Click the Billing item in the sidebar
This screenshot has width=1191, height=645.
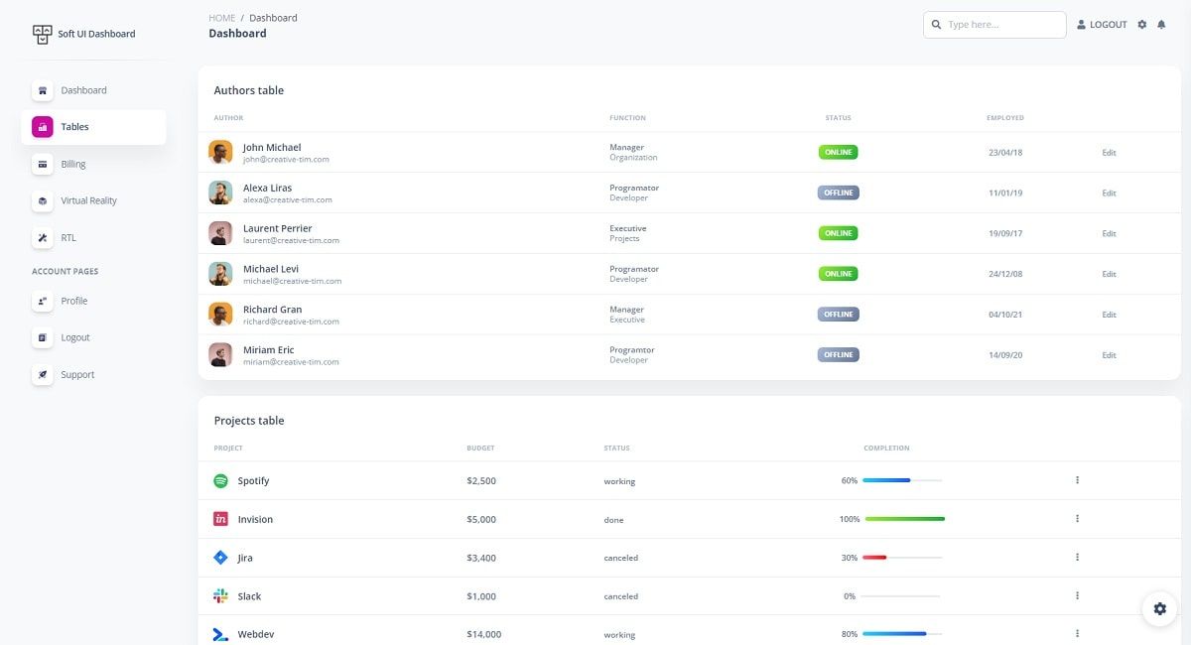point(73,164)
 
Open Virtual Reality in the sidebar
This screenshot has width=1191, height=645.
point(88,200)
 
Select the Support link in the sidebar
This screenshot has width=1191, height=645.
point(77,375)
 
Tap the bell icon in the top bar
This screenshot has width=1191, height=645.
point(1161,25)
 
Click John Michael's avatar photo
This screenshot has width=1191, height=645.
point(220,152)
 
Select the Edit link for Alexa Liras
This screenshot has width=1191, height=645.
point(1109,193)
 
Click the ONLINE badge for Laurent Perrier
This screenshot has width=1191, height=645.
point(838,233)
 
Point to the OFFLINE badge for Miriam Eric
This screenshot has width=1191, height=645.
point(838,354)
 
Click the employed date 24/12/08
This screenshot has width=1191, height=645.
point(1004,274)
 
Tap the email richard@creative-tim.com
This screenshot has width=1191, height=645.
point(291,322)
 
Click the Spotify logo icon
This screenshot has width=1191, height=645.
point(220,481)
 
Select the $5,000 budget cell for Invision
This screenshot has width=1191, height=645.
point(481,520)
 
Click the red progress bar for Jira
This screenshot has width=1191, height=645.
point(874,558)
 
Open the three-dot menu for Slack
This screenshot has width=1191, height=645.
point(1077,595)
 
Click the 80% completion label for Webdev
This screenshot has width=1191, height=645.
point(850,634)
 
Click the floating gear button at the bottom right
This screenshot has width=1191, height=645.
point(1159,608)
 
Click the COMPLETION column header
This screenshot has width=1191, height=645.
point(886,449)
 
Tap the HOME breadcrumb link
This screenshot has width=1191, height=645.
point(222,18)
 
